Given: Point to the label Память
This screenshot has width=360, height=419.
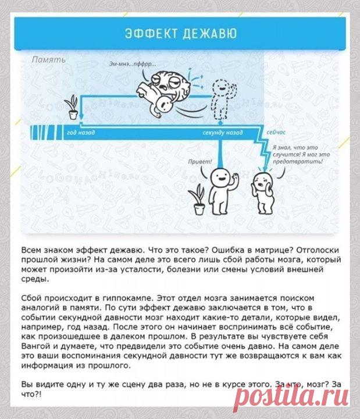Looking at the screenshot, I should pyautogui.click(x=48, y=59).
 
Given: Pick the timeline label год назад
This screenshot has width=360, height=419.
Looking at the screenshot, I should pyautogui.click(x=81, y=133).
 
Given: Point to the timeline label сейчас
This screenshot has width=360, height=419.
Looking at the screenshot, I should pyautogui.click(x=277, y=133).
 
